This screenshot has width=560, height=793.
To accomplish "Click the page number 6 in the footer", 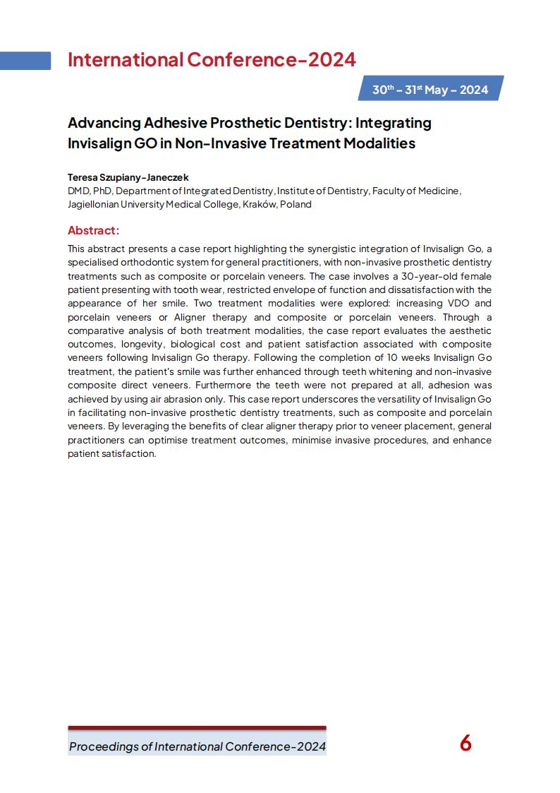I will [x=465, y=744].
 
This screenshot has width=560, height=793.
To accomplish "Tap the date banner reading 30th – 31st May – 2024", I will [x=430, y=90].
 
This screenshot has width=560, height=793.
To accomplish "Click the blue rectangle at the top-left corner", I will [x=25, y=61].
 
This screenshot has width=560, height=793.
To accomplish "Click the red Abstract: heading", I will [x=93, y=230].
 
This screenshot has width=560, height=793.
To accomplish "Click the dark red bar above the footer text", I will [x=197, y=728].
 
